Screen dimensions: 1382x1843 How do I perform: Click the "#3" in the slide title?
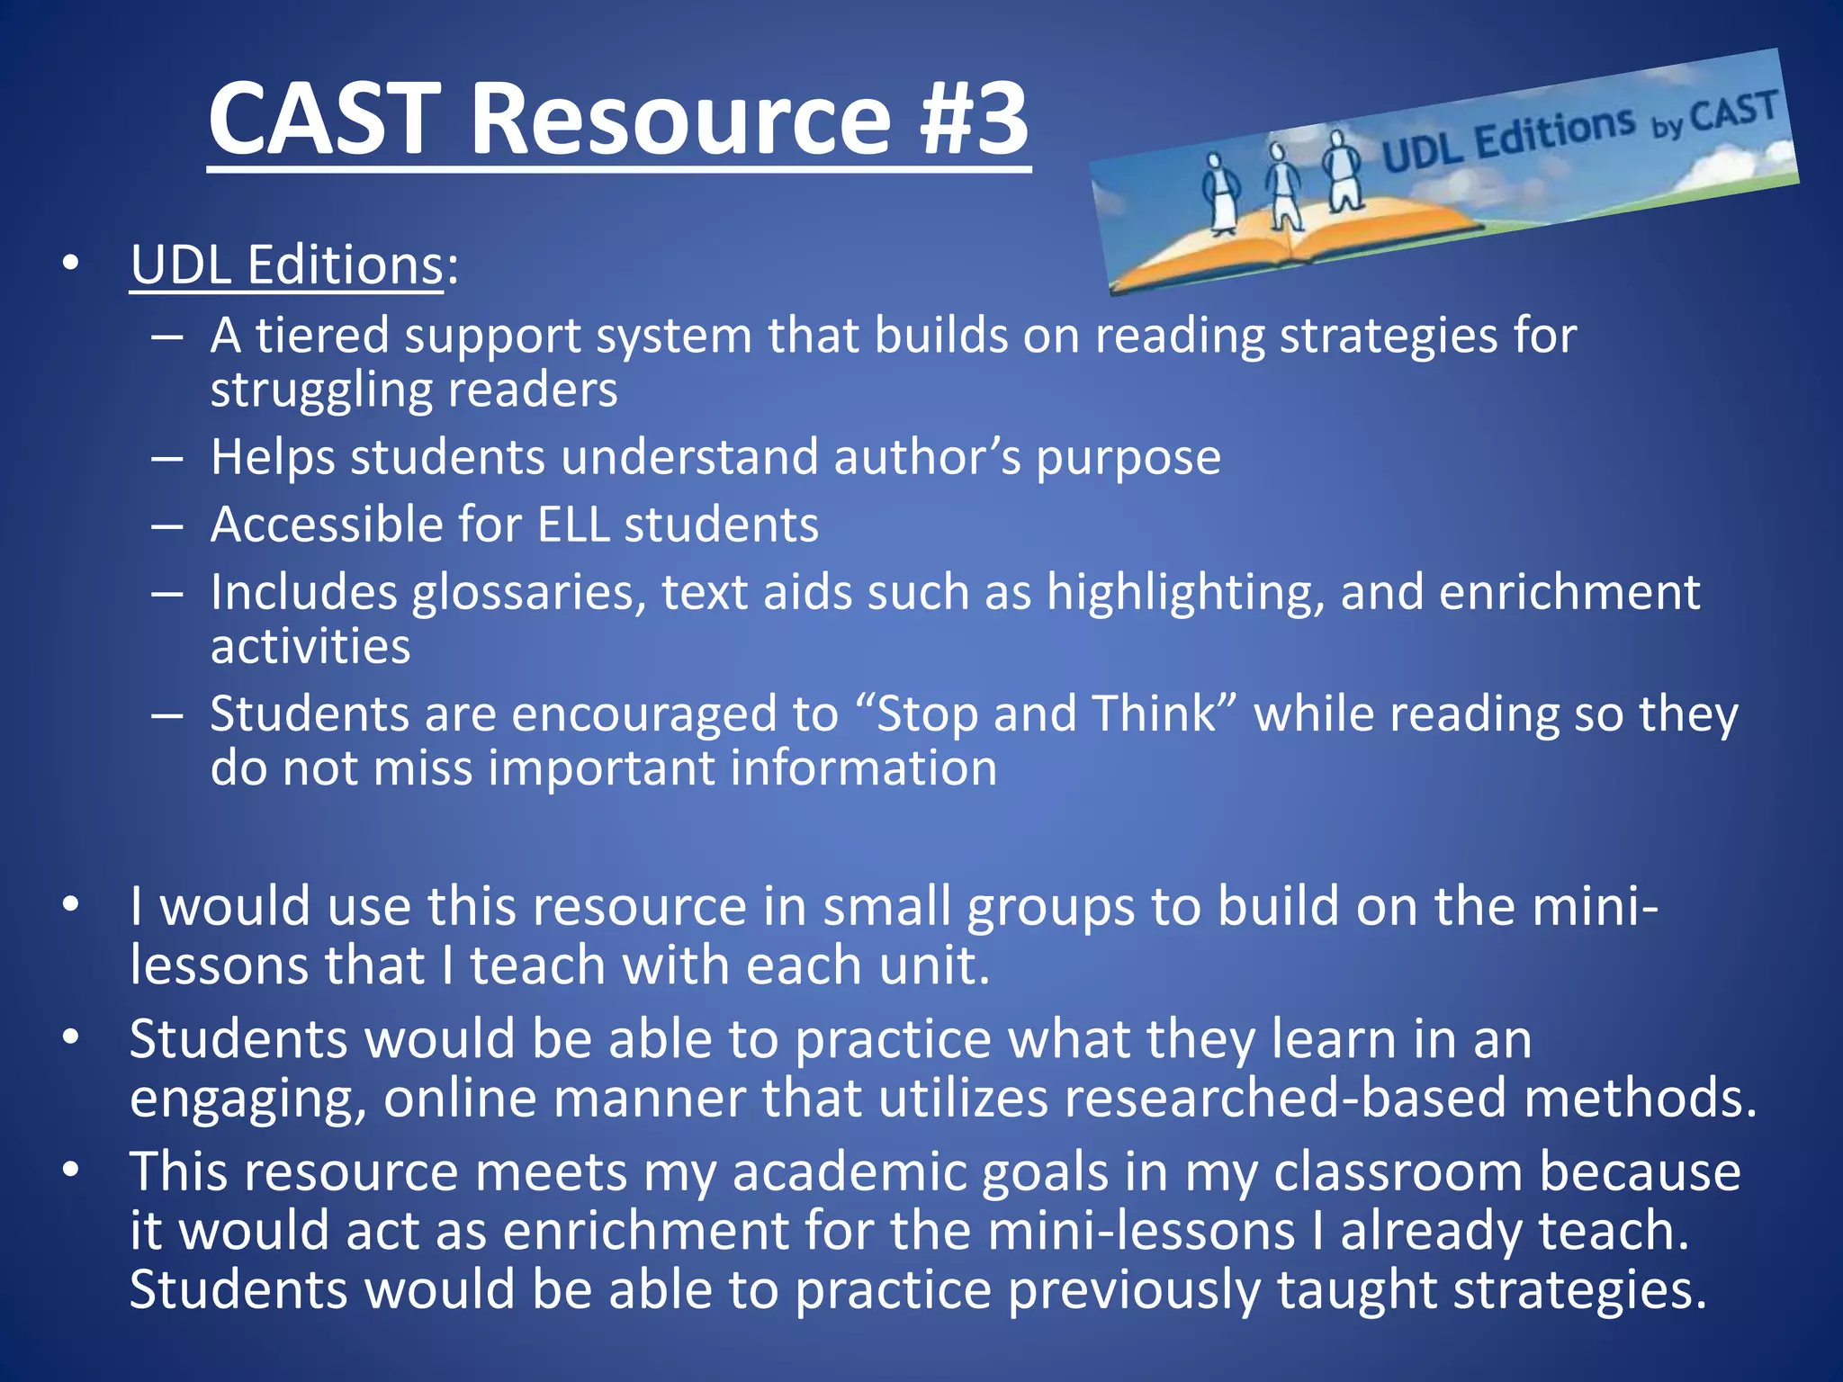[974, 119]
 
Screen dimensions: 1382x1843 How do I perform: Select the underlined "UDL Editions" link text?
[286, 265]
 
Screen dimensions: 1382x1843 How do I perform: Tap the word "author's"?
[928, 457]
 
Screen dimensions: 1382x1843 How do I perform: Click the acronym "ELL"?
[573, 525]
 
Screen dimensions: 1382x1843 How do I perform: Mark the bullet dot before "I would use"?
[71, 903]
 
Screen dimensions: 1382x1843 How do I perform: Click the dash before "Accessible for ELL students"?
[167, 525]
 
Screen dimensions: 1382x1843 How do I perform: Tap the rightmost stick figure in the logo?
[1340, 171]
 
